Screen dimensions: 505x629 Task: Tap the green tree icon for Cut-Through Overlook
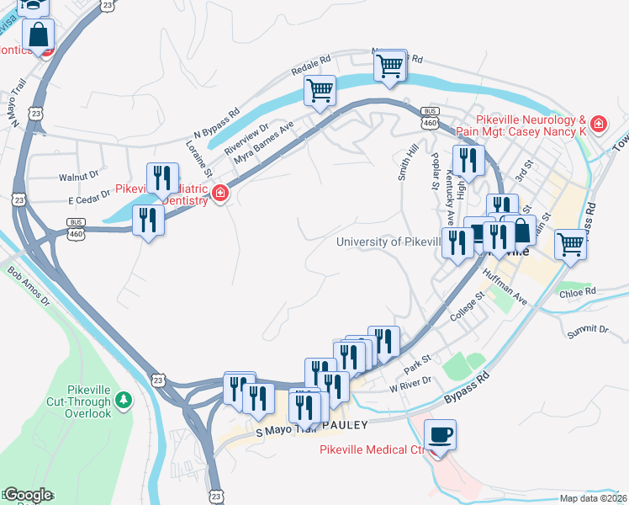click(x=124, y=397)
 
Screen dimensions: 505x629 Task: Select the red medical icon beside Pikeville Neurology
click(x=598, y=125)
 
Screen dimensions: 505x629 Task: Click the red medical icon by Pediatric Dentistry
click(x=220, y=194)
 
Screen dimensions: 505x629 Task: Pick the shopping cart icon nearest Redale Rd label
click(x=320, y=90)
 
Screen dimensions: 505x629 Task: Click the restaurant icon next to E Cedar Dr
click(x=149, y=221)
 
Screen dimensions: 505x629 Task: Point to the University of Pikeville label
click(x=388, y=242)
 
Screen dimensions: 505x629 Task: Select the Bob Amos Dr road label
click(x=28, y=287)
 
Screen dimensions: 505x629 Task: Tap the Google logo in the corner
click(x=27, y=495)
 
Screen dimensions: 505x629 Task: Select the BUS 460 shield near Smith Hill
click(x=430, y=118)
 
